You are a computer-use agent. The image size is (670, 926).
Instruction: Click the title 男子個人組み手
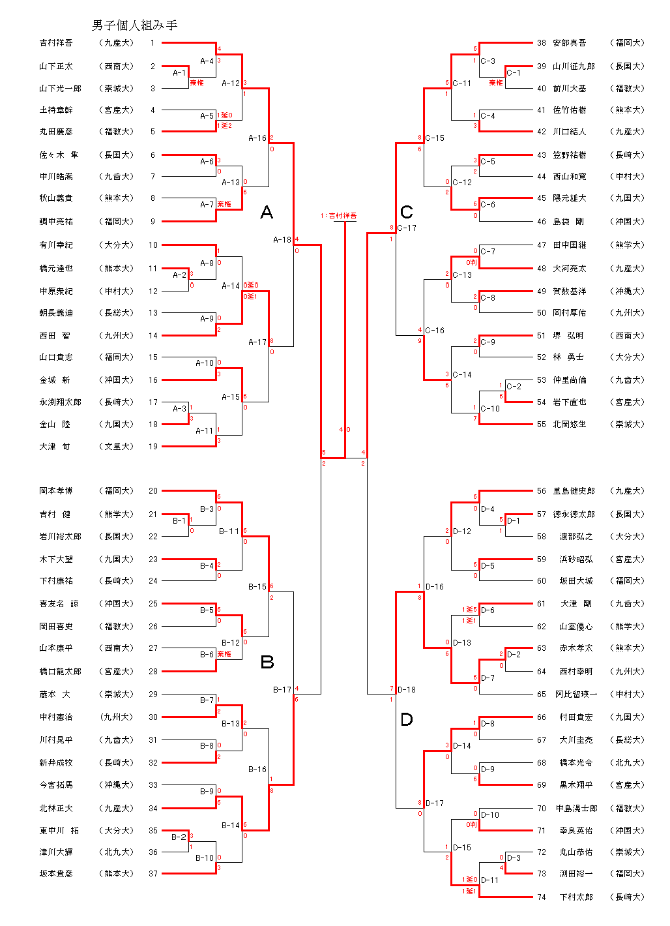134,25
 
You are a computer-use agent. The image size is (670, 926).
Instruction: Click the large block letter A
266,212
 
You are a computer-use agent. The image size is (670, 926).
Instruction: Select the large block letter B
267,663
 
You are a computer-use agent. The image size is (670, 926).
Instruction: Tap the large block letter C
406,212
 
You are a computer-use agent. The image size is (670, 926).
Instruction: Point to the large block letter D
406,719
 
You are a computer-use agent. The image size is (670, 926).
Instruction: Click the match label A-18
282,240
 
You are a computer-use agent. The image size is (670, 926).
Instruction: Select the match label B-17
282,689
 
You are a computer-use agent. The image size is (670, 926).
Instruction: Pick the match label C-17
407,228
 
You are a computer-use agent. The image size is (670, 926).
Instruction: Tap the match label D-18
407,689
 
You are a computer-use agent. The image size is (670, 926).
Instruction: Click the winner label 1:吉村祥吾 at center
338,216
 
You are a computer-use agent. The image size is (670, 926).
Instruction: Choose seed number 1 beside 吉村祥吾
153,43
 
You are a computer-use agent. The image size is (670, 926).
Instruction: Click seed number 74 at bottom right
542,897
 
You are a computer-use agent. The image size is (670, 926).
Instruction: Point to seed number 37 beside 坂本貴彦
153,874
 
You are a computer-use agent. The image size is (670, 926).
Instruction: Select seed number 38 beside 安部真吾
542,43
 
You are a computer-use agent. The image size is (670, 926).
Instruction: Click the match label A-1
179,73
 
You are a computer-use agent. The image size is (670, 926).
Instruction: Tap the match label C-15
435,138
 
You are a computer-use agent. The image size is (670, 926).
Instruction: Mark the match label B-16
257,769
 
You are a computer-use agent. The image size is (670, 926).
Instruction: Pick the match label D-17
435,803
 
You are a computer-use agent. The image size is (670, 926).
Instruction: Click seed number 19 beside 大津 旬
153,447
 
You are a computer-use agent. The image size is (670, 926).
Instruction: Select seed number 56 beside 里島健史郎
542,491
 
